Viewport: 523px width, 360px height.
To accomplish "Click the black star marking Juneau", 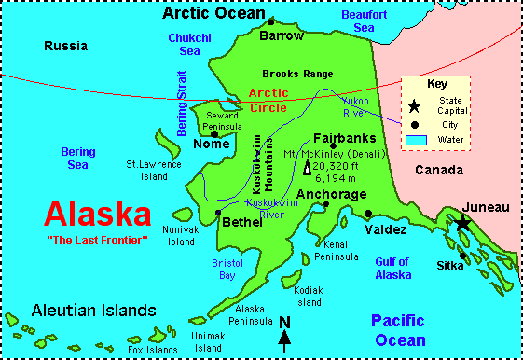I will (462, 222).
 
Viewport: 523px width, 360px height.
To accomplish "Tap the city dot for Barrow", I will (271, 21).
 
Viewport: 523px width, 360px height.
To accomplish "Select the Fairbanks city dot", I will (332, 146).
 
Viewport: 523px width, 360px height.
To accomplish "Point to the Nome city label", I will (211, 145).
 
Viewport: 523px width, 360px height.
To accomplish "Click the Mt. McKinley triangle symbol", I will (307, 169).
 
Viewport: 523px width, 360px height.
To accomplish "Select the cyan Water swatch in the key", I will (416, 140).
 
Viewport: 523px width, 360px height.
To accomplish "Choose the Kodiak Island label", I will (308, 296).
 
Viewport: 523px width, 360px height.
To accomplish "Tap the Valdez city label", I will (385, 229).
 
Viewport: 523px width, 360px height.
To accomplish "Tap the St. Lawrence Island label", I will (154, 169).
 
